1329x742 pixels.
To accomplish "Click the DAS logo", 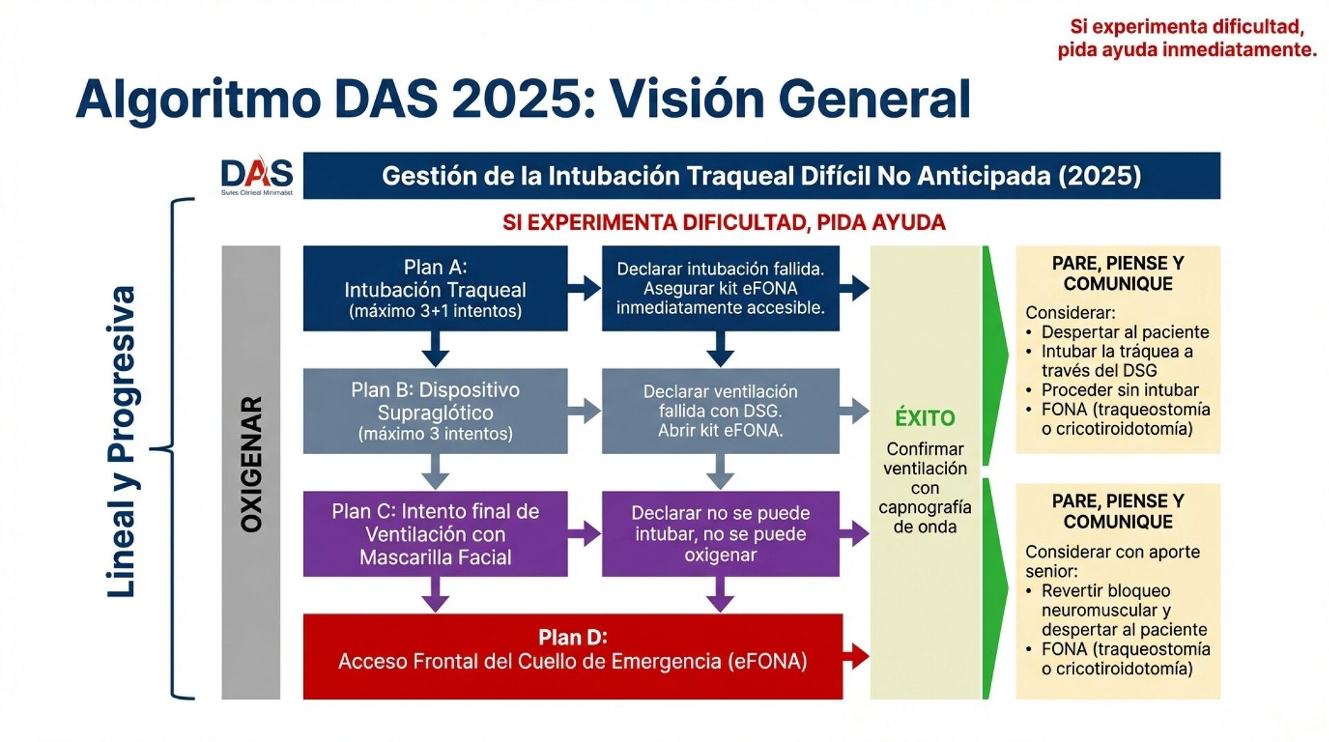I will pos(256,174).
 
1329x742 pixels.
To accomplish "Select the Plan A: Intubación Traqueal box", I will pos(435,289).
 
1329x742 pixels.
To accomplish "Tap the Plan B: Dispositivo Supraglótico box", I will pos(435,411).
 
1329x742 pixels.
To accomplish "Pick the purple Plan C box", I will pos(435,534).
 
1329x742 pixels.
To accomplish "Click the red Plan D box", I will pos(572,655).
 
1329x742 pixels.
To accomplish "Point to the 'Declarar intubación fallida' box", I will pos(720,289).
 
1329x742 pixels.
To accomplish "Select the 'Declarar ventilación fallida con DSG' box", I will pos(720,411).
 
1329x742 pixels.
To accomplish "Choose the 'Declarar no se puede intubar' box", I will pos(720,534).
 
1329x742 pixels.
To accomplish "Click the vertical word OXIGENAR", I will pos(251,464).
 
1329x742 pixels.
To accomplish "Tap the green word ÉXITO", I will pos(925,418).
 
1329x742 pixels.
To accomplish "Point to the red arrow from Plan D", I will pos(856,656).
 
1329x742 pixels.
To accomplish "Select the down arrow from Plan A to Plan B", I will pos(435,349).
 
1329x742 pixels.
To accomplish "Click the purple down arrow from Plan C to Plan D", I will pos(435,595).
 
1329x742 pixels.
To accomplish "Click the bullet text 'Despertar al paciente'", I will pos(1125,332).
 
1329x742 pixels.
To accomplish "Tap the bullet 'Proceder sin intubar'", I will pos(1119,390).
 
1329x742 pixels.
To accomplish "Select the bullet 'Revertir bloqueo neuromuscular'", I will pos(1105,591).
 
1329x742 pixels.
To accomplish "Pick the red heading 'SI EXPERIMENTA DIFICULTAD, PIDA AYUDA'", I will pos(723,223).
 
